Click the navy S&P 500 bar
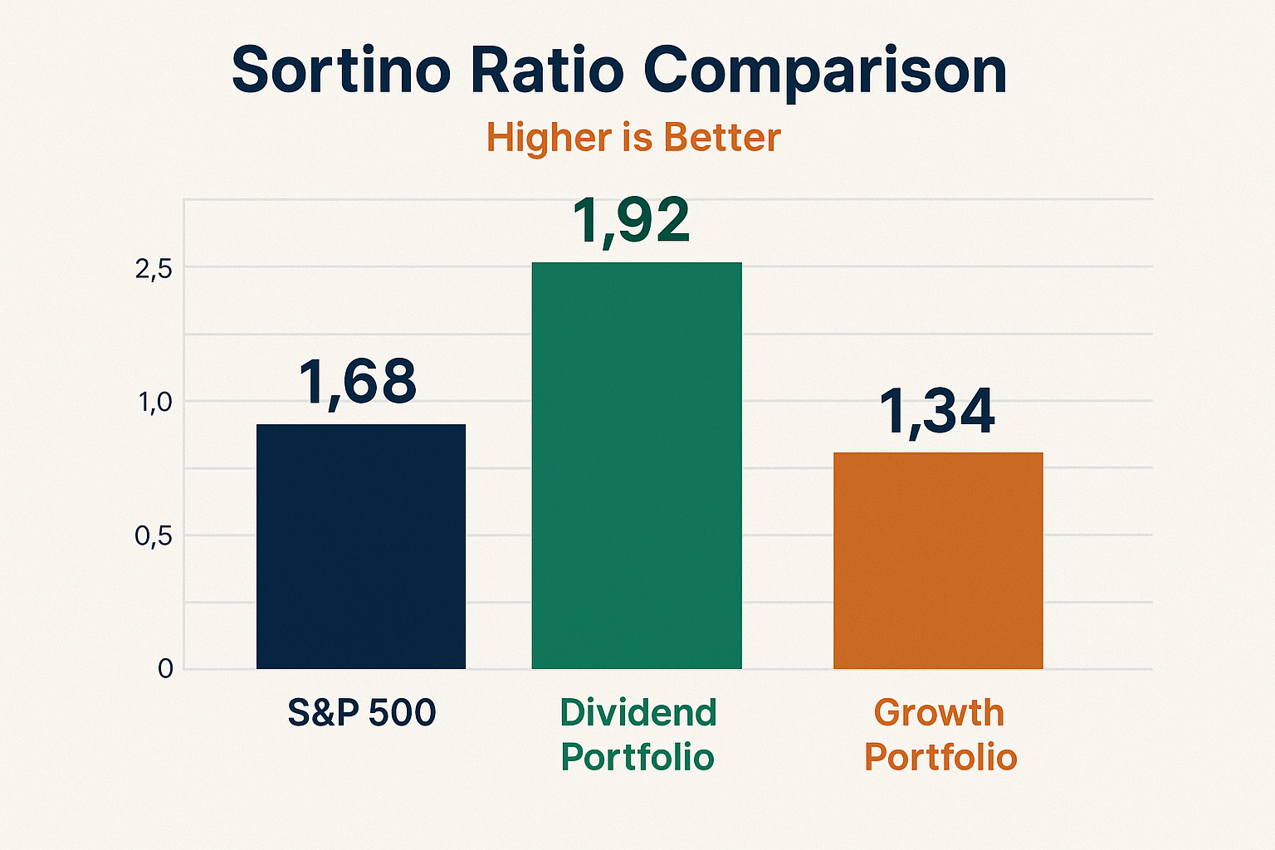coord(361,546)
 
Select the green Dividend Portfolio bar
coord(637,465)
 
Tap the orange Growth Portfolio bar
coord(938,560)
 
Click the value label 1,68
coord(357,382)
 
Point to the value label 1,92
coord(631,221)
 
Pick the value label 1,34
coord(936,412)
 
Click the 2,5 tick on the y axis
coord(153,268)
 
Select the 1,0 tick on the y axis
coord(154,403)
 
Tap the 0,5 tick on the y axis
coord(153,536)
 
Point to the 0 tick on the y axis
coord(165,669)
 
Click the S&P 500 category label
coord(362,713)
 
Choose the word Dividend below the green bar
coord(637,713)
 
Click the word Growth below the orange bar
coord(939,713)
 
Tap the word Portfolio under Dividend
coord(637,757)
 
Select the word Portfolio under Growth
coord(940,757)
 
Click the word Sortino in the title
coord(340,71)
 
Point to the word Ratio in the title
coord(546,71)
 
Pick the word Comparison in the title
coord(825,72)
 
